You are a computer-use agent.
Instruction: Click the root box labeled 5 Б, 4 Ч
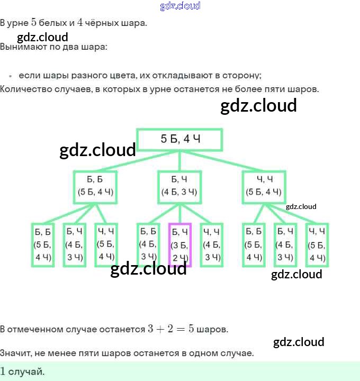tap(180, 140)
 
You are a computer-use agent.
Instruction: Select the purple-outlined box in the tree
tap(180, 244)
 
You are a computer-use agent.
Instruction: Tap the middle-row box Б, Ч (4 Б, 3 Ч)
tap(180, 186)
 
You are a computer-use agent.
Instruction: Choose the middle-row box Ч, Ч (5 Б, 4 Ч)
tap(264, 186)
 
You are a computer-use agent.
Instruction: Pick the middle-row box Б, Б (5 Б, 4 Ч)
tap(96, 186)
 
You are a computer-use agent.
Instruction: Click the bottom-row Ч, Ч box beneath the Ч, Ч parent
tap(317, 244)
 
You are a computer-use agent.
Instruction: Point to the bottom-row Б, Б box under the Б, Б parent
tap(43, 244)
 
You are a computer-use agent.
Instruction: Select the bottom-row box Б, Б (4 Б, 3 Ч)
tap(148, 244)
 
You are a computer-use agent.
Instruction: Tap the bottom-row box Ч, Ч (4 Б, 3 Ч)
tap(212, 244)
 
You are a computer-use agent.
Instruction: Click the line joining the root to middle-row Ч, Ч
tap(222, 161)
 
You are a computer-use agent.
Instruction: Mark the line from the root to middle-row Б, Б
tap(138, 161)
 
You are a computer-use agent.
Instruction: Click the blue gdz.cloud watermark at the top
tap(180, 6)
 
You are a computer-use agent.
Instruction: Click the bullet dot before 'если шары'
tap(10, 76)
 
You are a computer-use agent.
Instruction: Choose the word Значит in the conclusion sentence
tap(15, 353)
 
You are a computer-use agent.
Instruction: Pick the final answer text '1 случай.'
tap(23, 371)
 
